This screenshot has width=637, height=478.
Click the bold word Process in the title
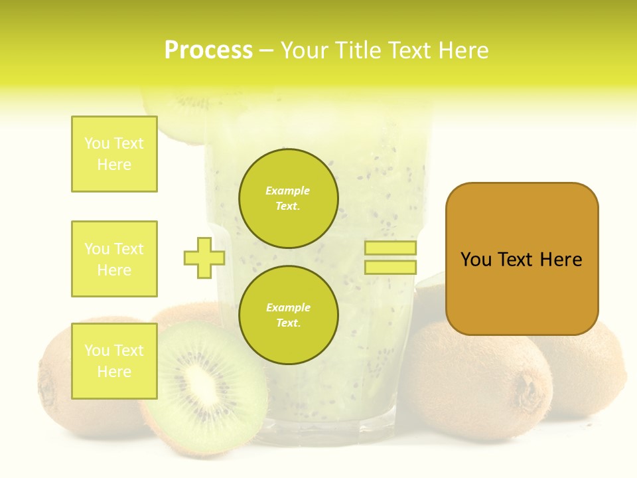coord(208,50)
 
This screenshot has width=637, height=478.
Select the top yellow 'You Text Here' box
coord(114,154)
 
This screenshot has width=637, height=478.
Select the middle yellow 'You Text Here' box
coord(114,259)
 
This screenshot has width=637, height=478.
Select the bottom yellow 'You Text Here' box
coord(114,361)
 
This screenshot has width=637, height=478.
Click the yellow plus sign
coord(204,258)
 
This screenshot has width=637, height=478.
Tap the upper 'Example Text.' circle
coord(288,198)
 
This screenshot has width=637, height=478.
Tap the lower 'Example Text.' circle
coord(288,315)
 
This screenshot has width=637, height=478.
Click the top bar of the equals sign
coord(390,248)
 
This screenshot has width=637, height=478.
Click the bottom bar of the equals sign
coord(390,267)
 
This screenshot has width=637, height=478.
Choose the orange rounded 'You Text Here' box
coord(522,259)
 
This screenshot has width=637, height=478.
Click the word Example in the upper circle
coord(288,191)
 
